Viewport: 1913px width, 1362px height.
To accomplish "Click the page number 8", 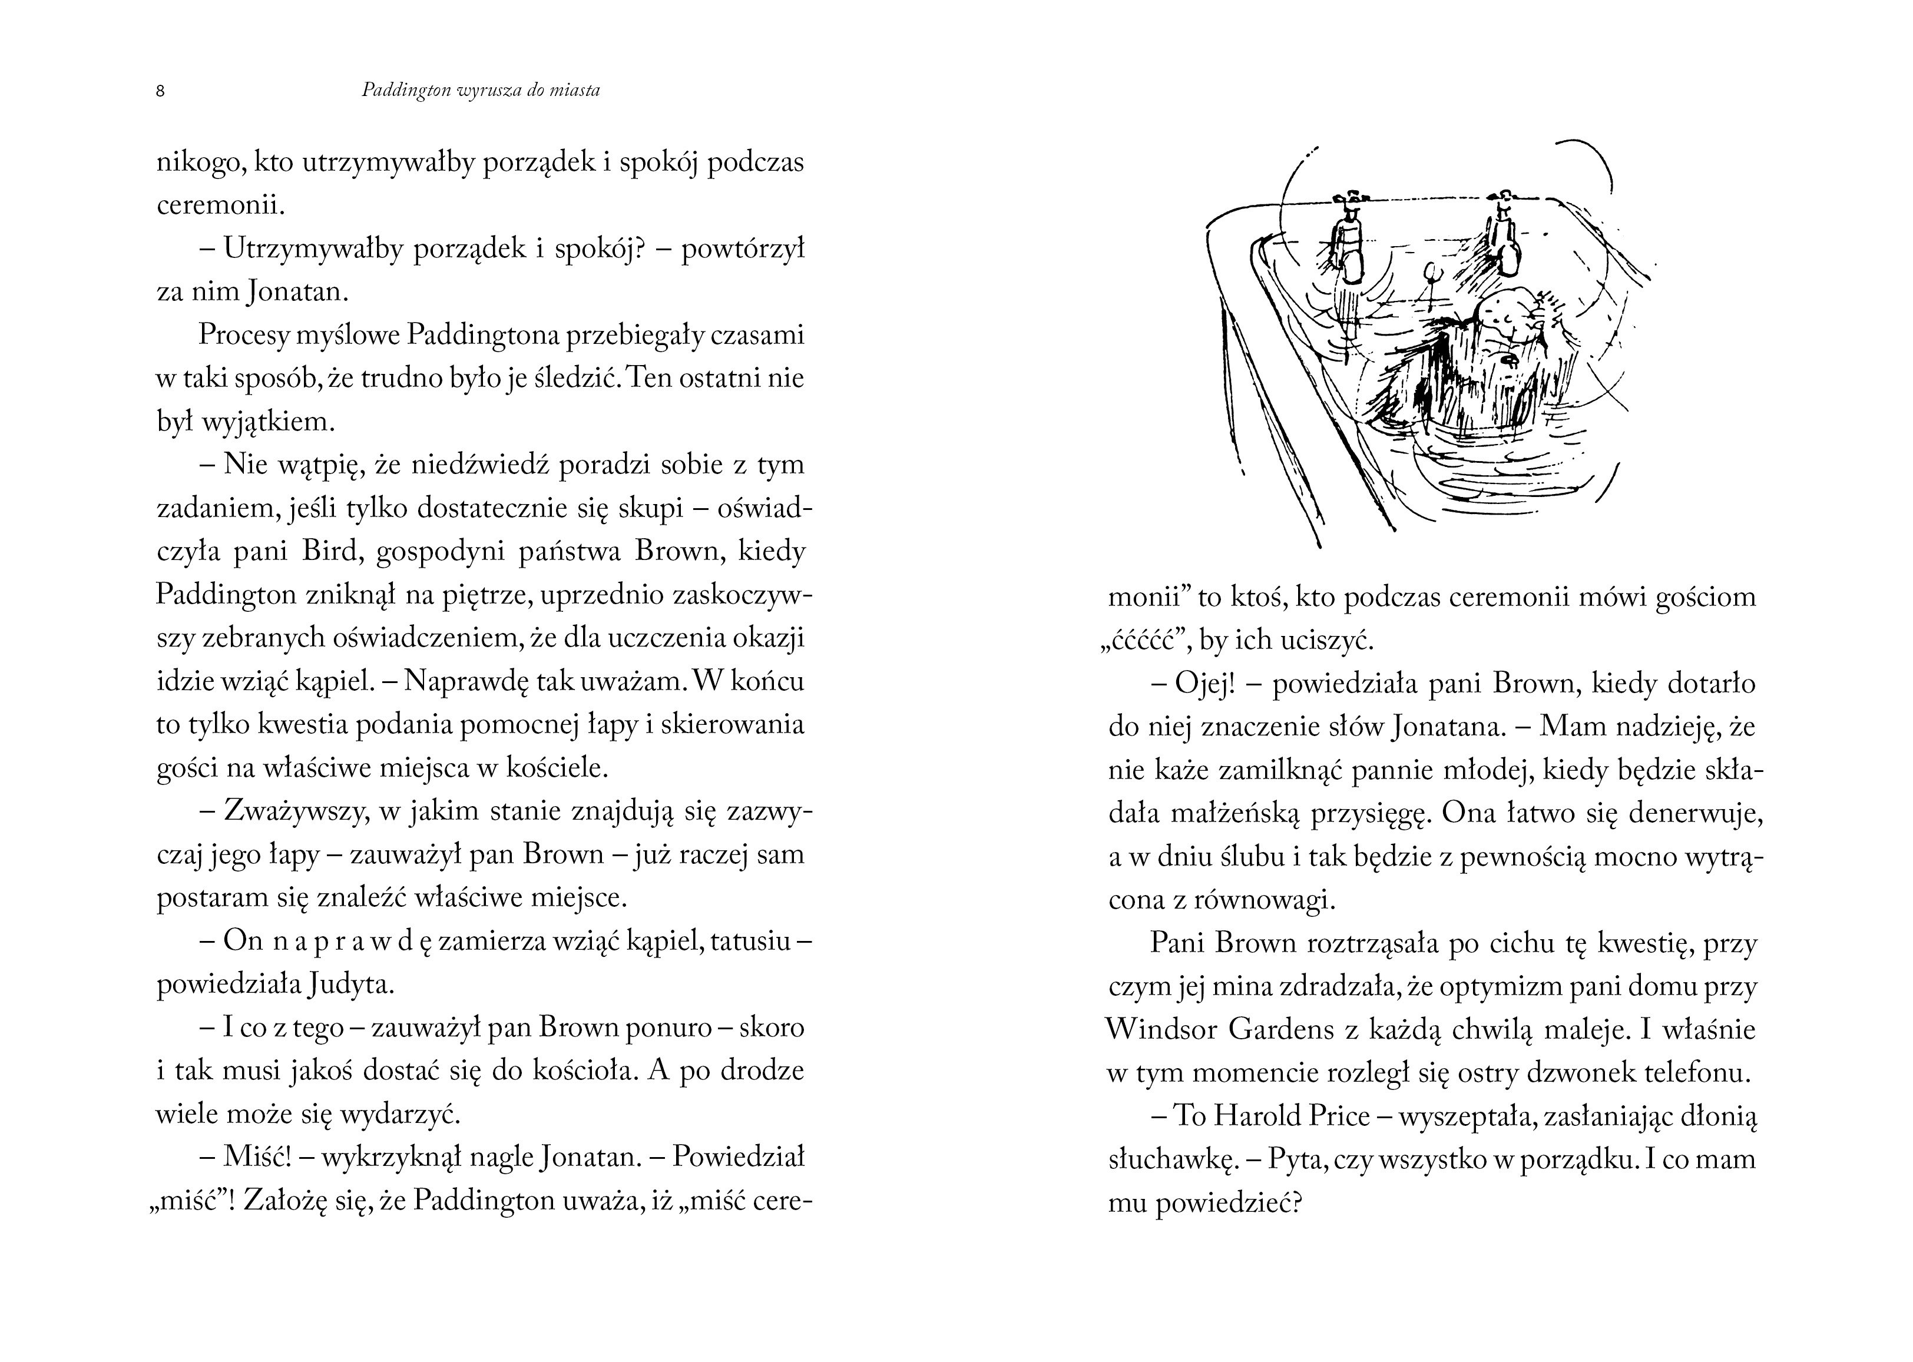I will click(160, 91).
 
